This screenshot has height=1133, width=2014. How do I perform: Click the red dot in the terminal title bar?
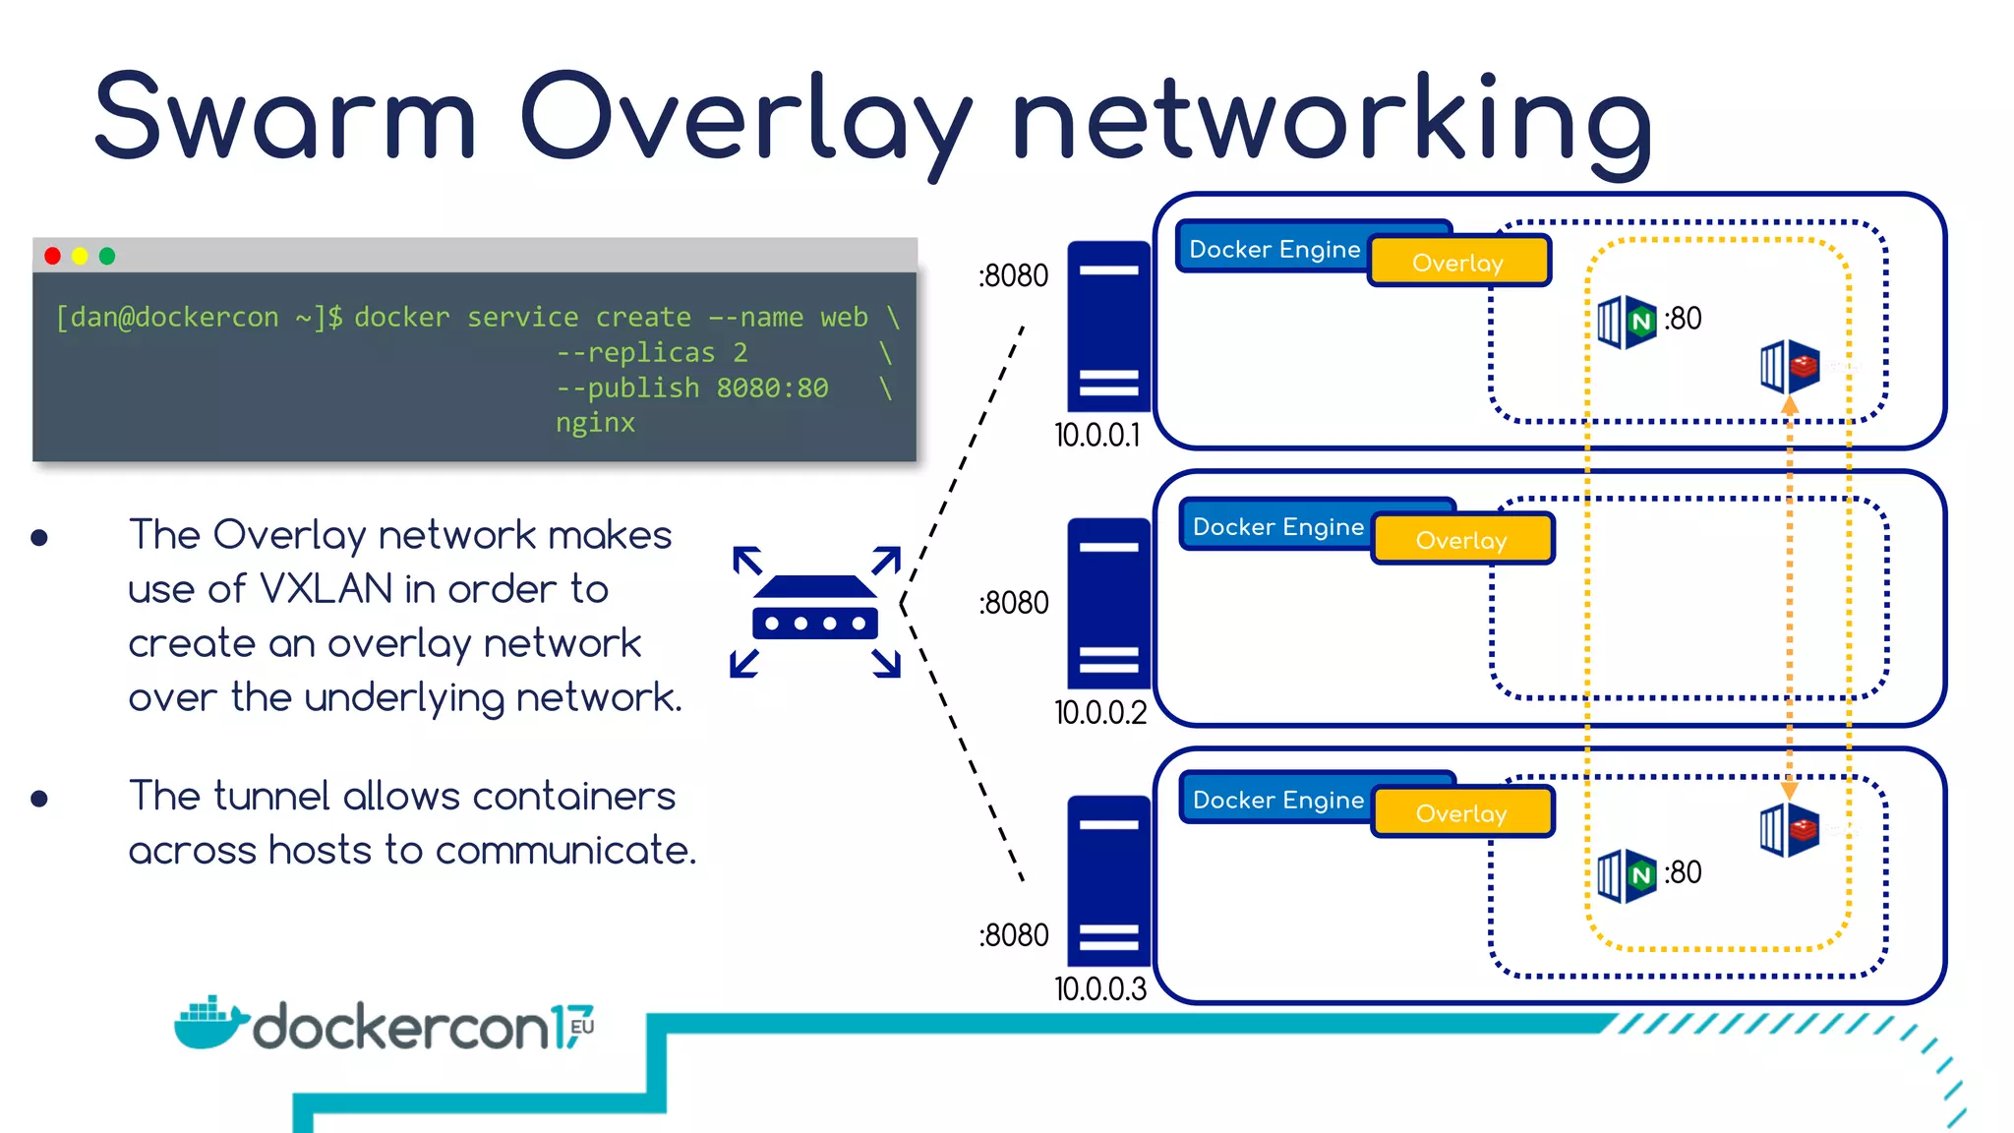(x=53, y=256)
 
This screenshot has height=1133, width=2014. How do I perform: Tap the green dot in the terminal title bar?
(x=107, y=256)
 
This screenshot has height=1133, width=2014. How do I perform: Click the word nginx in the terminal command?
(x=595, y=423)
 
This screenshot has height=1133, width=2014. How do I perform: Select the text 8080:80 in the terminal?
(x=772, y=388)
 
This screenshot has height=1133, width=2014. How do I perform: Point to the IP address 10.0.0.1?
(x=1097, y=435)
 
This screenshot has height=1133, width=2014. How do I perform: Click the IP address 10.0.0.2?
(x=1100, y=712)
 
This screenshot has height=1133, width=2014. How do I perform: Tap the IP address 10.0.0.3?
(x=1100, y=988)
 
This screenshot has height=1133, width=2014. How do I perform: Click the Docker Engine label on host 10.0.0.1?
(x=1274, y=249)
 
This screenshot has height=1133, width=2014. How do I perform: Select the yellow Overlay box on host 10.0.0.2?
(x=1461, y=540)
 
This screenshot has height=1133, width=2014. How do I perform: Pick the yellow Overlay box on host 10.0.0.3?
(x=1461, y=813)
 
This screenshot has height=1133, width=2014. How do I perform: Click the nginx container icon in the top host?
(x=1628, y=322)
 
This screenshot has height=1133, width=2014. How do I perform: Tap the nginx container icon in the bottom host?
(x=1628, y=875)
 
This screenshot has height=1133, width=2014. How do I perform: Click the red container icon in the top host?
(x=1790, y=366)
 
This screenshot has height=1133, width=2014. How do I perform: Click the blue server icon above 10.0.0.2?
(x=1108, y=603)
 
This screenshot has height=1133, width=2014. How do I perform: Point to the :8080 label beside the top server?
(x=1014, y=275)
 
